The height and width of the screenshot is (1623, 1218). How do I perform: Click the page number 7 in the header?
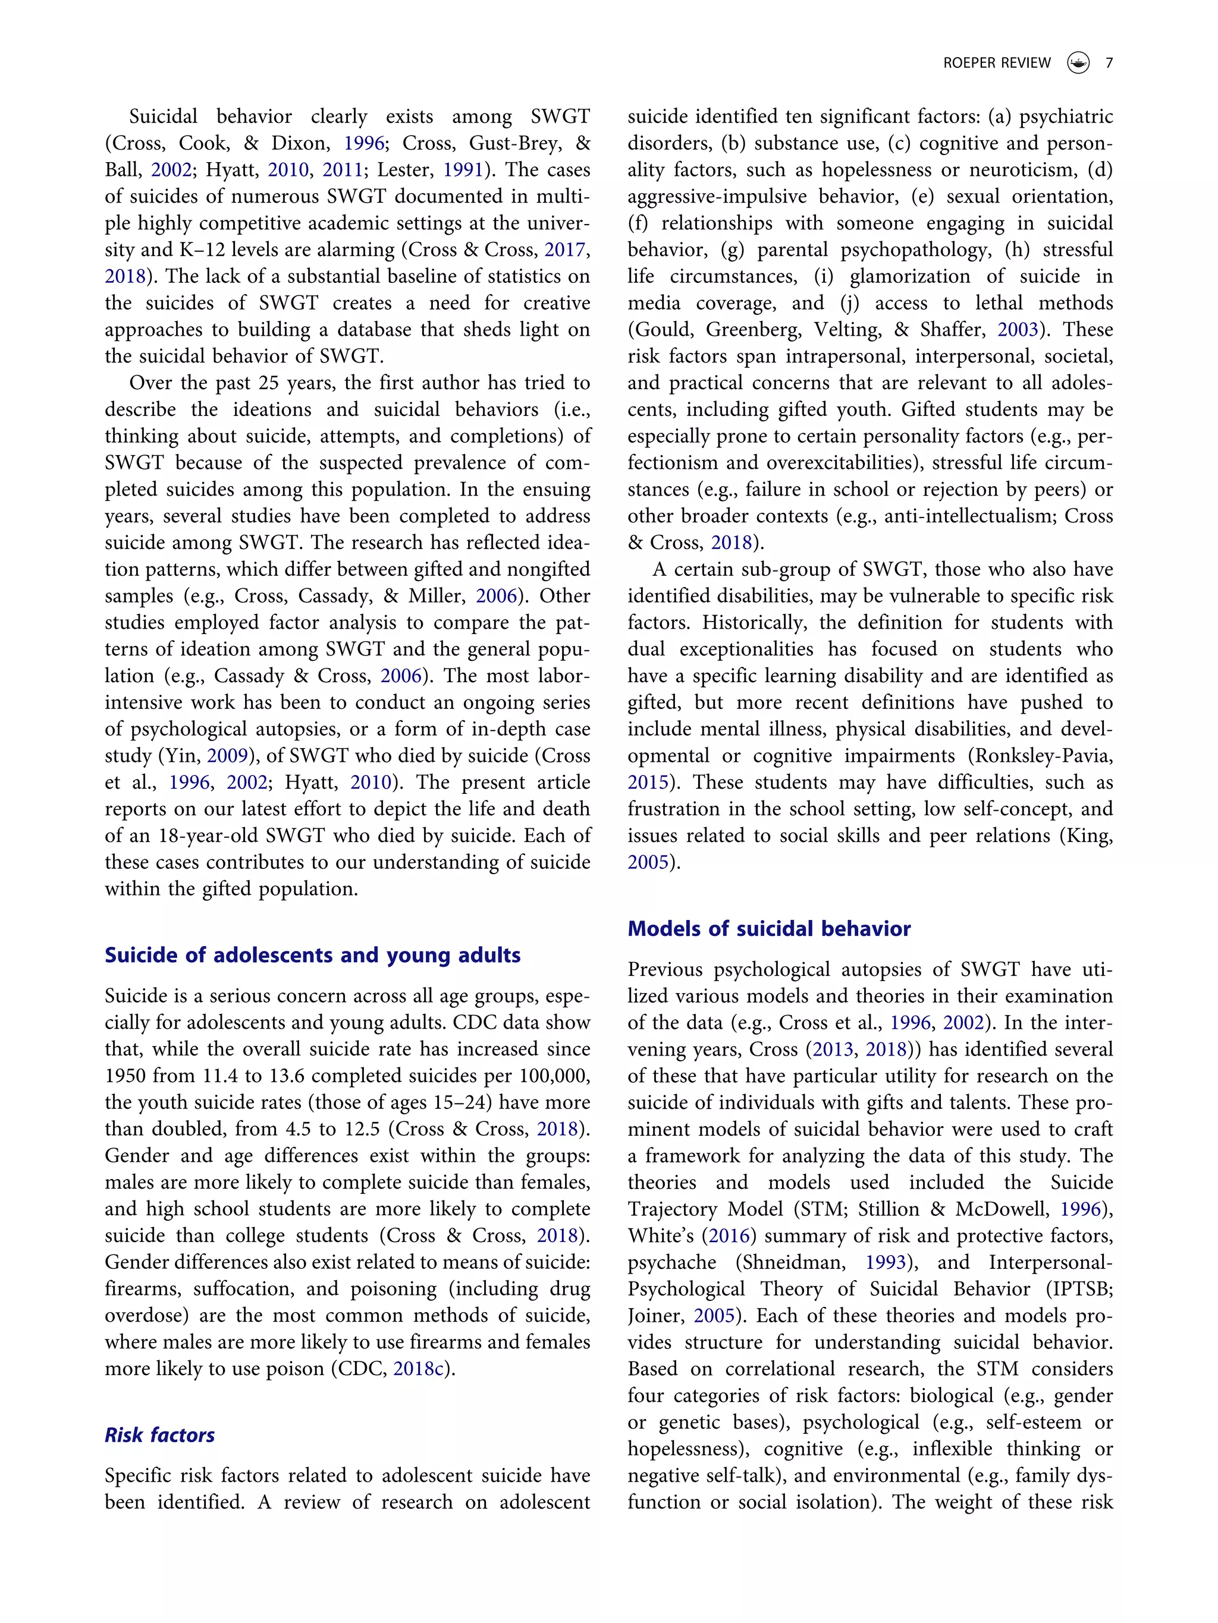pyautogui.click(x=1109, y=63)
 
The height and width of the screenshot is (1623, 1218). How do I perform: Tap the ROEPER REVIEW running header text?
pyautogui.click(x=996, y=63)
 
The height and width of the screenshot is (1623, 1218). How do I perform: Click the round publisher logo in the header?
pyautogui.click(x=1078, y=63)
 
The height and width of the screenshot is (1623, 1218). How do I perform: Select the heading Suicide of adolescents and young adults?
pyautogui.click(x=312, y=954)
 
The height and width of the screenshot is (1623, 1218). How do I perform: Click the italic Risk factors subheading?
pyautogui.click(x=159, y=1435)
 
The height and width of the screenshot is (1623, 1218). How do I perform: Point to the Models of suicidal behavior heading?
pyautogui.click(x=768, y=928)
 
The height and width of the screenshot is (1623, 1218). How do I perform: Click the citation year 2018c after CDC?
pyautogui.click(x=419, y=1369)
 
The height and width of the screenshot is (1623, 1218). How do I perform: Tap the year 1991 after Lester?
pyautogui.click(x=463, y=169)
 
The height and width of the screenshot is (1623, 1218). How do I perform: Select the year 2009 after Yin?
pyautogui.click(x=228, y=756)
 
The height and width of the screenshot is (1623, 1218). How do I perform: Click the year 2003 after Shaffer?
pyautogui.click(x=1018, y=329)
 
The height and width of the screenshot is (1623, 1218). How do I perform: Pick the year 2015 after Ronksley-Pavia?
pyautogui.click(x=648, y=782)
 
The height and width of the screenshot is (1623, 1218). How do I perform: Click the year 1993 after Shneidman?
pyautogui.click(x=886, y=1262)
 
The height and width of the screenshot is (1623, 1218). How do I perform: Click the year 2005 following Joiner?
pyautogui.click(x=714, y=1316)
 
